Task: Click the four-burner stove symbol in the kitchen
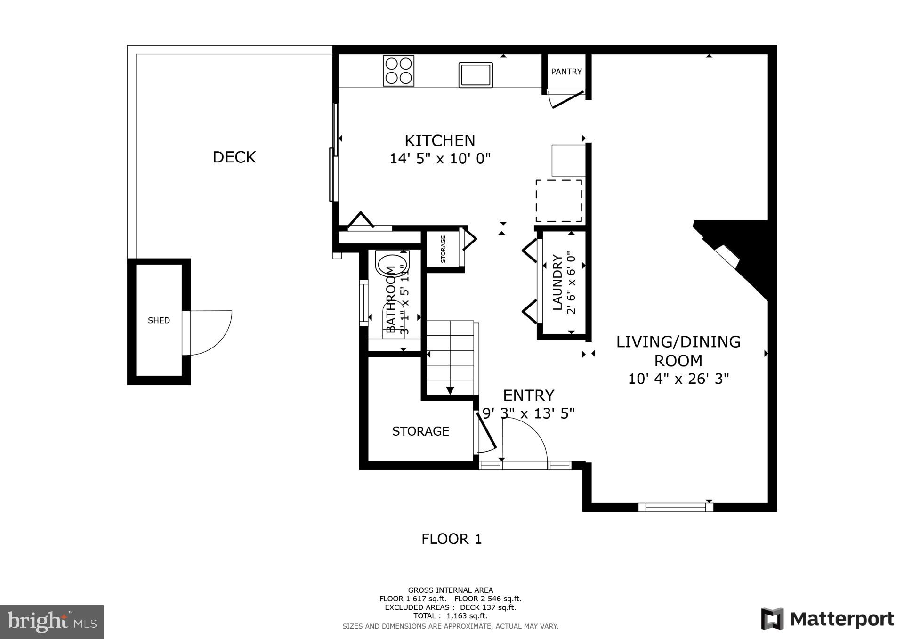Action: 398,71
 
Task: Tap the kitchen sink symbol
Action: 476,75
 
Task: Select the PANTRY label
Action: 566,72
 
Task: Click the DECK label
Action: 234,157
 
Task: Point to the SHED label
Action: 159,320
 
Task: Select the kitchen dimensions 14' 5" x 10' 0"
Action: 440,159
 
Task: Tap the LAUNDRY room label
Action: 557,283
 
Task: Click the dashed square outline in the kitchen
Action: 558,201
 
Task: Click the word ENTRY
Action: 528,395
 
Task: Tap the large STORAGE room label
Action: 420,431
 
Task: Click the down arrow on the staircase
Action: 450,390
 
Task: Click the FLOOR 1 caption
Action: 452,539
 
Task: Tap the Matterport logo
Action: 827,619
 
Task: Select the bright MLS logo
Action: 52,622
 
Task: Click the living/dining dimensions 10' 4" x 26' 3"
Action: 678,379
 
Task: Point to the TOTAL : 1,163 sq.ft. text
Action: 450,615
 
